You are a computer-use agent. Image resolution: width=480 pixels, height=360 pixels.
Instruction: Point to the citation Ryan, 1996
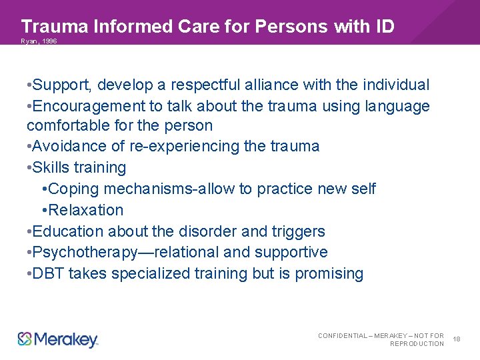39,41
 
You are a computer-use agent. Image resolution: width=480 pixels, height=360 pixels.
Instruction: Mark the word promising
329,273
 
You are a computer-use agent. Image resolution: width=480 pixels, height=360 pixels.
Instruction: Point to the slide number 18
457,339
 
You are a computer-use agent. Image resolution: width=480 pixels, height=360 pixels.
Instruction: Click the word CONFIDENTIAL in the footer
343,335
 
